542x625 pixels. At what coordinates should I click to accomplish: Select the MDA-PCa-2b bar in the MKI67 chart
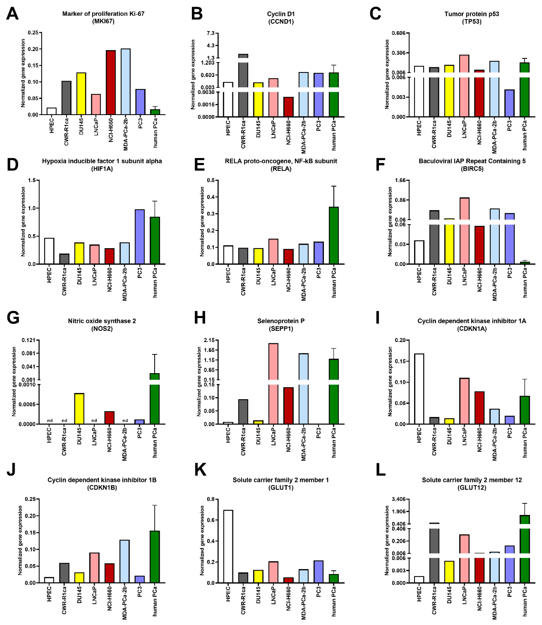[x=125, y=82]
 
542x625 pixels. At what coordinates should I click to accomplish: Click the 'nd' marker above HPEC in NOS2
[x=50, y=420]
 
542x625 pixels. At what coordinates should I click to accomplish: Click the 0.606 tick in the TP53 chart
[x=398, y=33]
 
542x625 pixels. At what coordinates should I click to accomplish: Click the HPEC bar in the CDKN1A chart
[x=419, y=389]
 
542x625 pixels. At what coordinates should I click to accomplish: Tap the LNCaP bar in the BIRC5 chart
[x=464, y=231]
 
